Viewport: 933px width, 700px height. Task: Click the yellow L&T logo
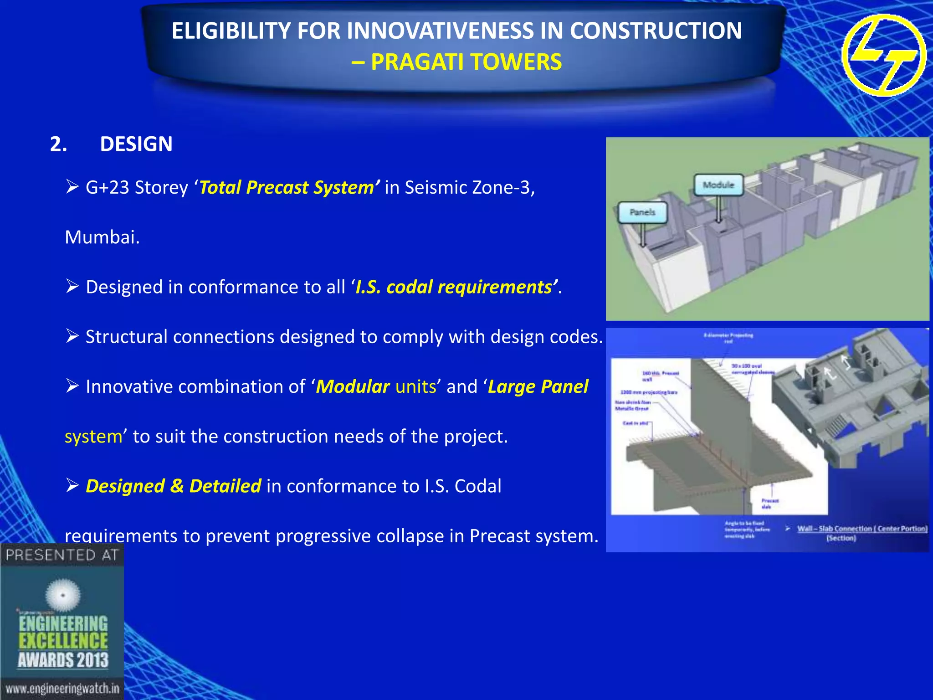[883, 55]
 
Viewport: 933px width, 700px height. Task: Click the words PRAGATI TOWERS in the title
[466, 62]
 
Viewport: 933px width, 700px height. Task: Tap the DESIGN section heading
[136, 144]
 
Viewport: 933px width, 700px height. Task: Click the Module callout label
[718, 185]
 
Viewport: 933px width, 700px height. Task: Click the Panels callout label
[642, 212]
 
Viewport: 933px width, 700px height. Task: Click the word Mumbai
[102, 237]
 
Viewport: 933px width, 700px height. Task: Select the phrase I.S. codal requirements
[456, 287]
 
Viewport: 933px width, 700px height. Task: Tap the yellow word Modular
[353, 387]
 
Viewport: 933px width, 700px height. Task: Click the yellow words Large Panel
[538, 387]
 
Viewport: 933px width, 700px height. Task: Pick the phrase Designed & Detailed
[174, 486]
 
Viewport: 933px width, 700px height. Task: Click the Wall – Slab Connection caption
[861, 529]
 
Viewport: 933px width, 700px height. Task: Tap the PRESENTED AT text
[62, 555]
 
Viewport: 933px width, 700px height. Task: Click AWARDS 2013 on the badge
[63, 660]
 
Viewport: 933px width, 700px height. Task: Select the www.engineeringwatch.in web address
[62, 688]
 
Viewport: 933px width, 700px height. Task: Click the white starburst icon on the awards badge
[63, 595]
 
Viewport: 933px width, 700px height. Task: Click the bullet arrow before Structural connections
[72, 336]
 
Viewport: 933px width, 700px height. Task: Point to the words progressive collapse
[359, 536]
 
